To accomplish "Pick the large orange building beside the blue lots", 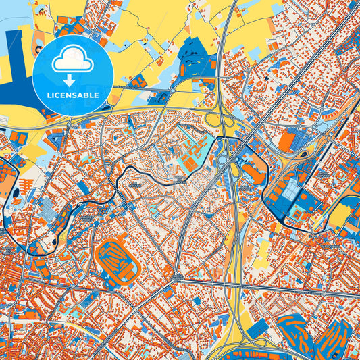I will click(287, 140).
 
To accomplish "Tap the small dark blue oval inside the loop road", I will click(303, 155).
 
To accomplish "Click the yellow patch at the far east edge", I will click(342, 216).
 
